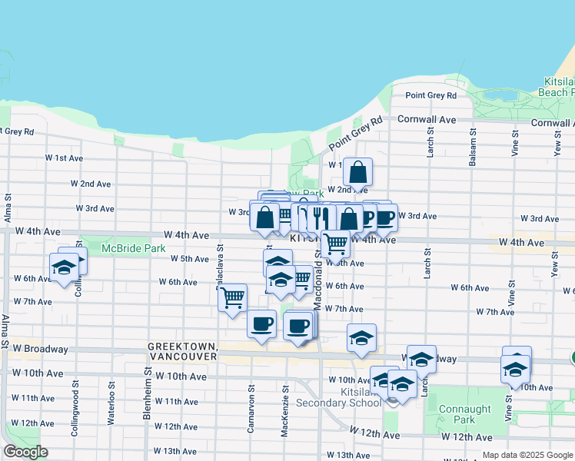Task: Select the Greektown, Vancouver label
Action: click(x=182, y=353)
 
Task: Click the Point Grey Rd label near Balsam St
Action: click(x=430, y=96)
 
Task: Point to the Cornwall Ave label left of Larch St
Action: click(x=427, y=120)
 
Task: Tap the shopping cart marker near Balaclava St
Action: click(x=232, y=297)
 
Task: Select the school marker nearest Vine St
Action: click(x=516, y=370)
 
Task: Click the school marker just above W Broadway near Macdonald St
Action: click(x=361, y=337)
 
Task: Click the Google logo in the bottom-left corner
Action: click(x=25, y=452)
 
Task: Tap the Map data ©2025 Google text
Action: click(x=527, y=455)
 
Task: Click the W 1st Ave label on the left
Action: click(x=64, y=158)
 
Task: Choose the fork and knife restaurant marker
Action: click(x=323, y=217)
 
